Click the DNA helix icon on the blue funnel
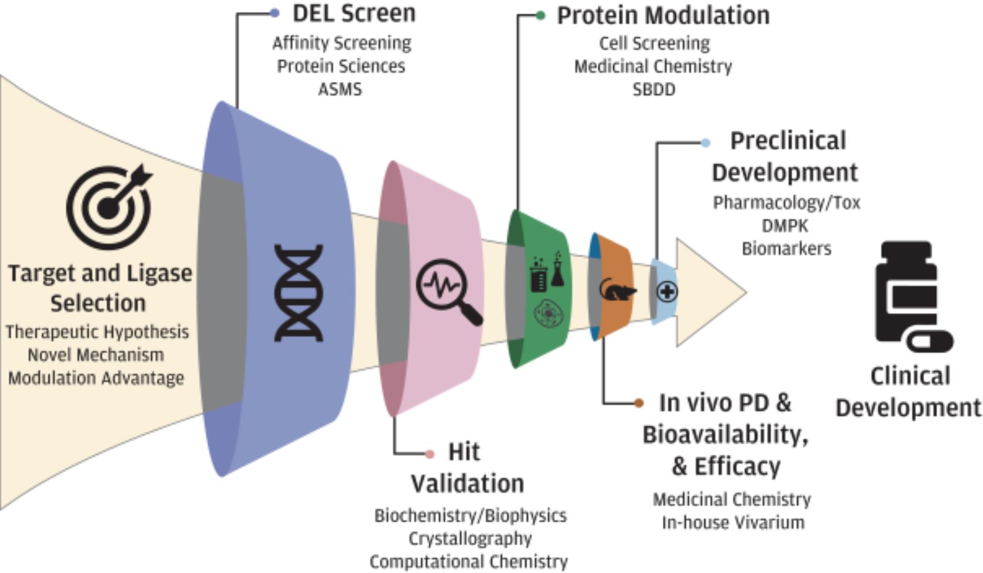[x=298, y=293]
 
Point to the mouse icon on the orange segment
[x=617, y=290]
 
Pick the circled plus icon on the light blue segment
[x=667, y=292]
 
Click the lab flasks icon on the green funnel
[x=547, y=271]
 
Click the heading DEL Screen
[x=354, y=14]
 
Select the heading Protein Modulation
[x=663, y=16]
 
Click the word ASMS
[x=340, y=90]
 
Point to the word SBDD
[x=654, y=90]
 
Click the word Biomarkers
[x=786, y=249]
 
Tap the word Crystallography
[x=470, y=539]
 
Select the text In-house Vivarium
[x=733, y=522]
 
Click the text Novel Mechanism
[x=96, y=355]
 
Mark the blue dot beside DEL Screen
[x=275, y=13]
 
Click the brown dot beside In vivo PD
[x=639, y=403]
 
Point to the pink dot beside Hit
[x=430, y=454]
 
